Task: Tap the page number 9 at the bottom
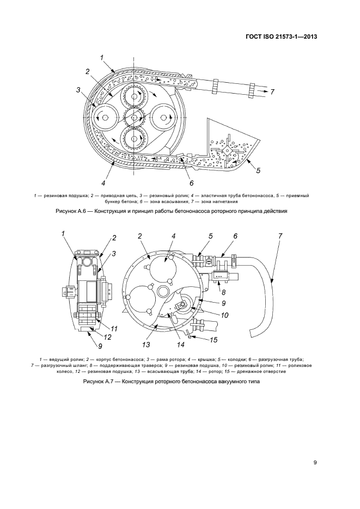pyautogui.click(x=315, y=463)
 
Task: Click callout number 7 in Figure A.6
pyautogui.click(x=272, y=92)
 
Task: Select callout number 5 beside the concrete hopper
pyautogui.click(x=258, y=170)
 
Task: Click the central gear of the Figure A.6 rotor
pyautogui.click(x=133, y=115)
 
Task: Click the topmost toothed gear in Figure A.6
pyautogui.click(x=133, y=96)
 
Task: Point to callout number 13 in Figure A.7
pyautogui.click(x=145, y=345)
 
